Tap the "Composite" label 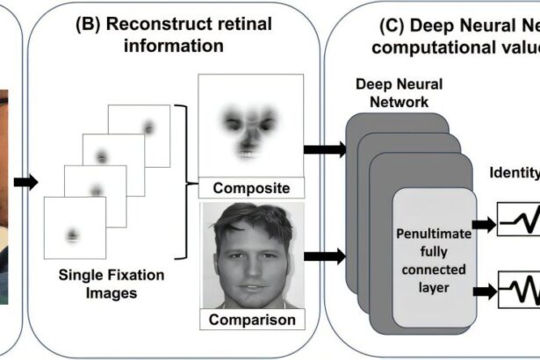point(250,187)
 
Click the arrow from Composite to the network point(325,148)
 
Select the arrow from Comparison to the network point(325,258)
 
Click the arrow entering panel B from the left point(27,182)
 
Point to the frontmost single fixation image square point(75,227)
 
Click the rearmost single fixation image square point(139,135)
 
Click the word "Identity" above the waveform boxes point(515,173)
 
